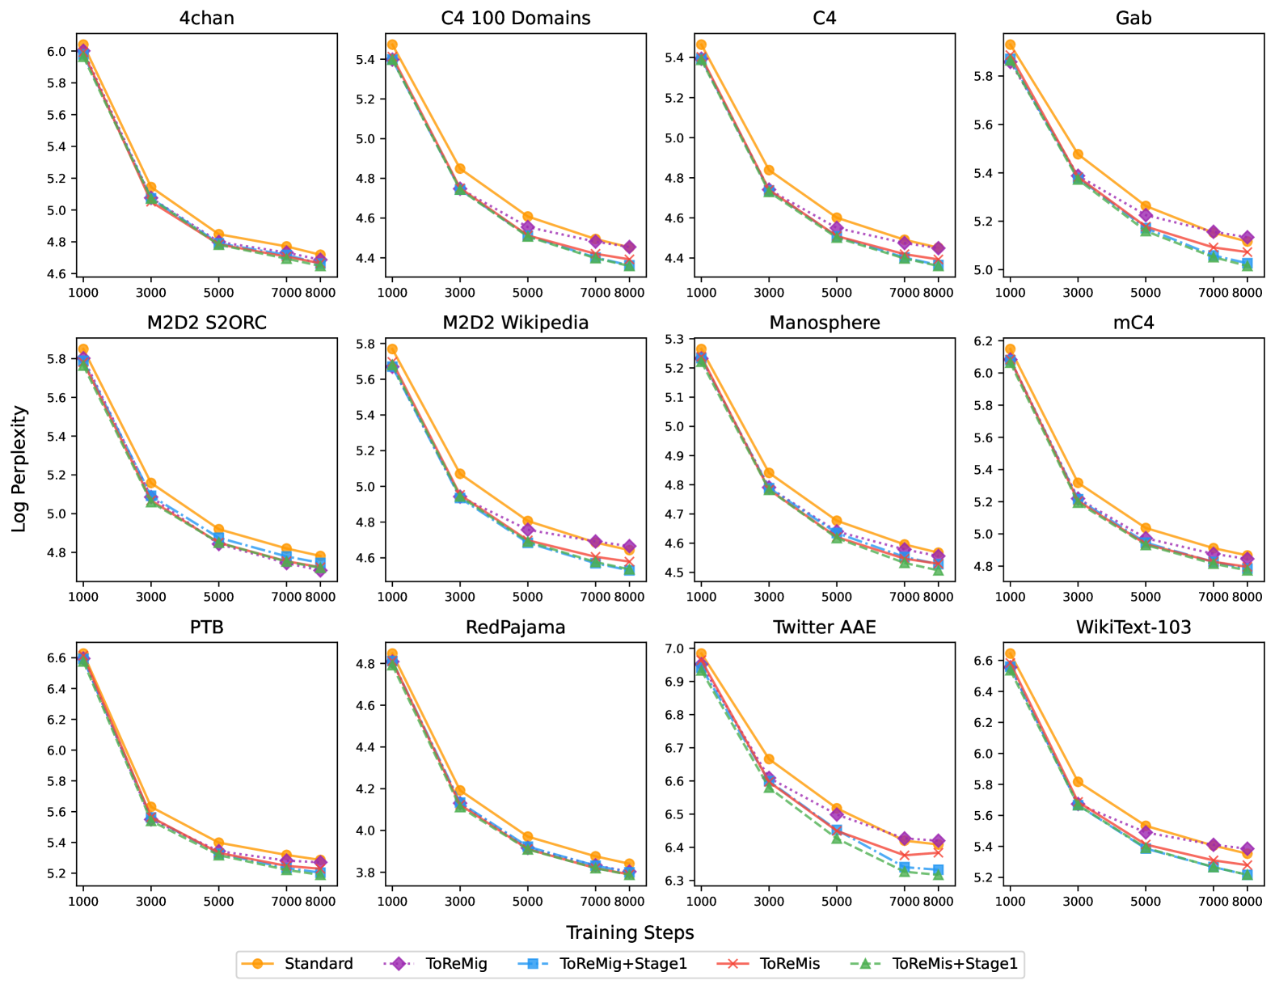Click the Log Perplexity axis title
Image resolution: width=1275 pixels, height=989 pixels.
point(20,468)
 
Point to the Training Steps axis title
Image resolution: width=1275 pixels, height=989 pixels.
point(630,932)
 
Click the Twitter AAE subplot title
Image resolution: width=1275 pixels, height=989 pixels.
point(824,628)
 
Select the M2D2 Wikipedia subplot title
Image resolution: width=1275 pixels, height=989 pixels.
point(515,323)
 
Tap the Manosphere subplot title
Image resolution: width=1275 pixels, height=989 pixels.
point(824,323)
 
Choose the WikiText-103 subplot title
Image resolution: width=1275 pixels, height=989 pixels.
point(1133,628)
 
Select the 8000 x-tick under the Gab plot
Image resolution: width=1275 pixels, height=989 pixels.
point(1248,292)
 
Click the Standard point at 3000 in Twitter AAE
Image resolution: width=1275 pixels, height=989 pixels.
point(769,759)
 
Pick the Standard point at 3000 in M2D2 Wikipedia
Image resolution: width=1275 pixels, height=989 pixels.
point(460,473)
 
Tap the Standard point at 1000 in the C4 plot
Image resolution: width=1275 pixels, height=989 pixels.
point(701,45)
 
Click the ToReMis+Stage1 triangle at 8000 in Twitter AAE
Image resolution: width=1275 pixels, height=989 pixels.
point(938,875)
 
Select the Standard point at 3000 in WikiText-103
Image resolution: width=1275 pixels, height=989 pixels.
point(1078,782)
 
